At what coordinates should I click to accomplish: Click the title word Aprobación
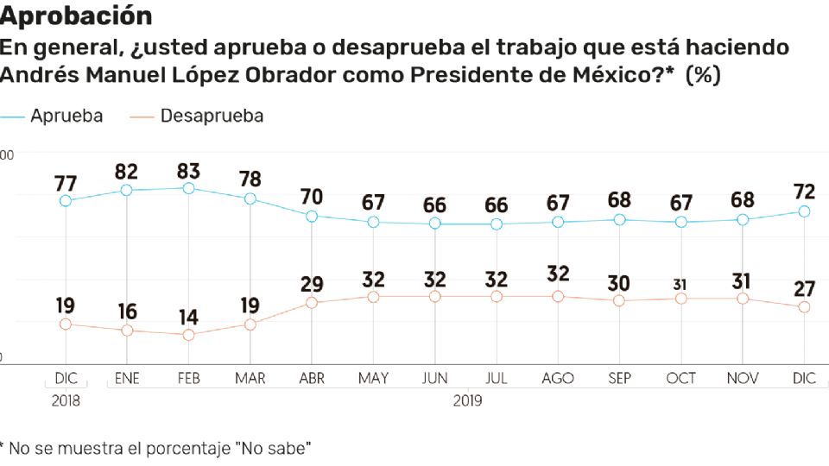coord(76,16)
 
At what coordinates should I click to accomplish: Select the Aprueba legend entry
coord(66,116)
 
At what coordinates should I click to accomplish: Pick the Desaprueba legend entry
coord(212,116)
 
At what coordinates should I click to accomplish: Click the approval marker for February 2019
coord(188,188)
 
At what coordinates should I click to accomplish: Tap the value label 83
coord(188,169)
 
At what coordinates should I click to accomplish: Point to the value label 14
coord(188,316)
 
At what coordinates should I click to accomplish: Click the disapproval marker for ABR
coord(312,303)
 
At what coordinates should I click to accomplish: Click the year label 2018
coord(66,400)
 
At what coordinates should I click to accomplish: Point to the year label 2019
coord(467,400)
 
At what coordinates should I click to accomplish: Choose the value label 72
coord(804,191)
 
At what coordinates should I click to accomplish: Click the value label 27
coord(804,288)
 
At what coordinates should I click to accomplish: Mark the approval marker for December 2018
coord(66,200)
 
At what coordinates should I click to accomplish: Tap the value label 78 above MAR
coord(250,179)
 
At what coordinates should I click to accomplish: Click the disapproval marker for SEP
coord(619,300)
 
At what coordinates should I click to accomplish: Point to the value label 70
coord(312,197)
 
